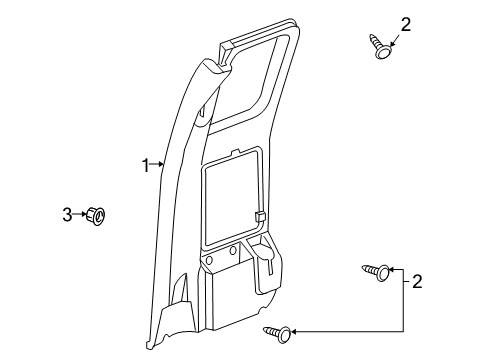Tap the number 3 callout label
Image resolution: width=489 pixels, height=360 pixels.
coord(68,213)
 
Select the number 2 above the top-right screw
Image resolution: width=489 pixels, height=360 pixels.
coord(405,24)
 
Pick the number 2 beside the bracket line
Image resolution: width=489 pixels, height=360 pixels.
coord(417,283)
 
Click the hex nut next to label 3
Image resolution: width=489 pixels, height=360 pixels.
coord(97,214)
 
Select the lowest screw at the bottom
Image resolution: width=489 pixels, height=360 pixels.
coord(280,331)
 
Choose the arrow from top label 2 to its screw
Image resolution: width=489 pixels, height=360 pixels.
coord(392,35)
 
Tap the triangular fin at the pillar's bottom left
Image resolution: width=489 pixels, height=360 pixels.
coord(180,296)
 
